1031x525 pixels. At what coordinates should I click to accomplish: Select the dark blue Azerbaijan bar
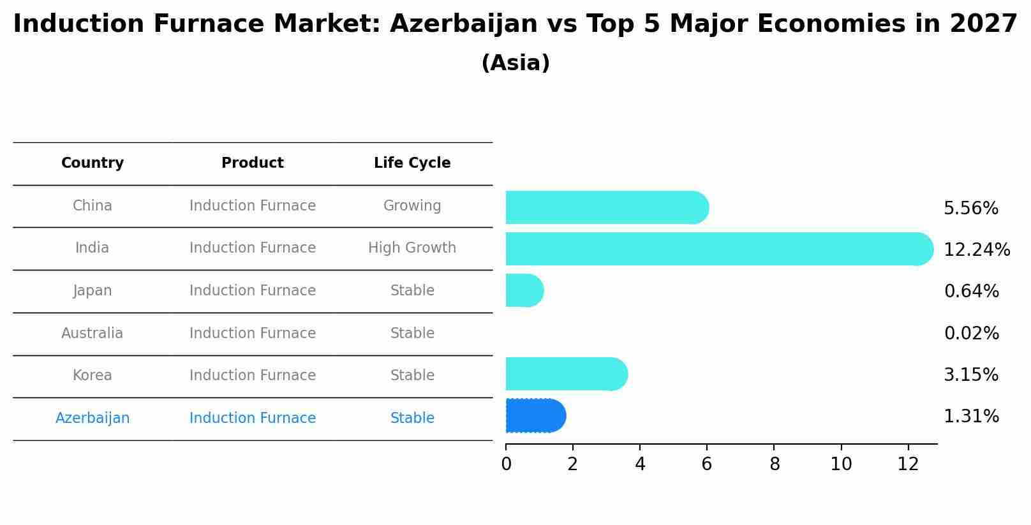click(x=535, y=416)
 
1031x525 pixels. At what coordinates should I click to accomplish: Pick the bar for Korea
click(x=566, y=374)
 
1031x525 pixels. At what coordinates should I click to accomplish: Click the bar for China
click(x=607, y=207)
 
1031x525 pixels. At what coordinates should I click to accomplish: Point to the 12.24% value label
click(x=976, y=249)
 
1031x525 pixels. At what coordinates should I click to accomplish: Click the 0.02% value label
click(x=971, y=333)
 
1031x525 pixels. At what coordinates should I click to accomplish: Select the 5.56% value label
click(x=970, y=209)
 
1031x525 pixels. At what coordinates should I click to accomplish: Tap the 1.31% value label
click(x=970, y=417)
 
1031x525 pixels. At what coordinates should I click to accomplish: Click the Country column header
click(x=93, y=163)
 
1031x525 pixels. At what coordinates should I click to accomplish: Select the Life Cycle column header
click(x=412, y=163)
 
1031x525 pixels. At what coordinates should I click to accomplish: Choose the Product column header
click(x=253, y=163)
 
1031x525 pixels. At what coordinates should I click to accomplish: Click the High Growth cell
click(x=412, y=248)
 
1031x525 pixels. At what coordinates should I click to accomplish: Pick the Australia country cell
click(x=93, y=333)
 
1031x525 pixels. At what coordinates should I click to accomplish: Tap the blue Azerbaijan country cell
click(x=93, y=418)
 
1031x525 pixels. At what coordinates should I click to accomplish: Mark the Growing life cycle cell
click(x=412, y=206)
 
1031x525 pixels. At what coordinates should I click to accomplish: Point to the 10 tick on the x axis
click(x=841, y=464)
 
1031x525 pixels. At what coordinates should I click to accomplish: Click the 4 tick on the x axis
click(x=640, y=464)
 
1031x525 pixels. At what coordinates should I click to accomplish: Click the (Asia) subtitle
click(x=515, y=63)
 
